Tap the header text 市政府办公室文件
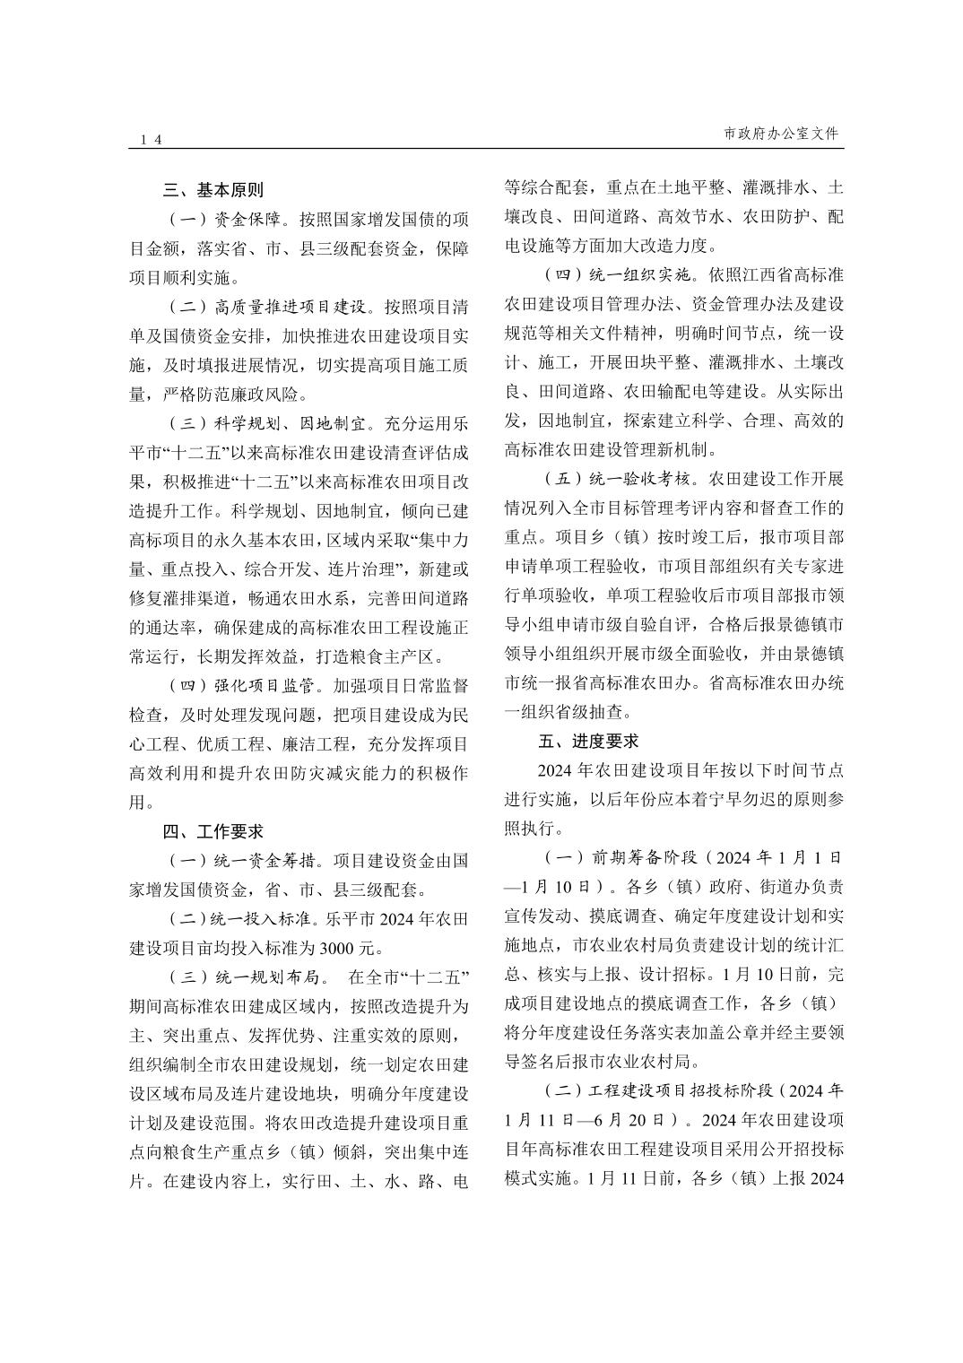pos(780,134)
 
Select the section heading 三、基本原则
pos(213,190)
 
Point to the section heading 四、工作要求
pos(213,831)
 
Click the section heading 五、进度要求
pos(588,741)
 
